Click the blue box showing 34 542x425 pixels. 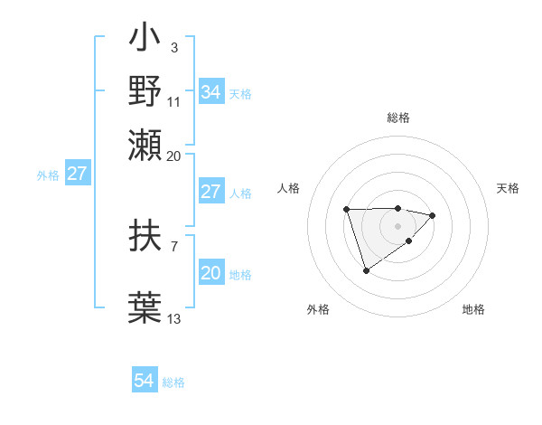(210, 92)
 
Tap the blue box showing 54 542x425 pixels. (145, 382)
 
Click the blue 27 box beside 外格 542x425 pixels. (78, 174)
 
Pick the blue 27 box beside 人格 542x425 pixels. (210, 192)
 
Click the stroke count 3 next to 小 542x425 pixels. (173, 46)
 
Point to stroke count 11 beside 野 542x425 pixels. (174, 100)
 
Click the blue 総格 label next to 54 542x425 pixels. (173, 382)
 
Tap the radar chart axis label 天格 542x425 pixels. (508, 188)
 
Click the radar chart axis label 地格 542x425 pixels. (473, 309)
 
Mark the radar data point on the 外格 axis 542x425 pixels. (366, 270)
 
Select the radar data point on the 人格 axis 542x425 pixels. (347, 210)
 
